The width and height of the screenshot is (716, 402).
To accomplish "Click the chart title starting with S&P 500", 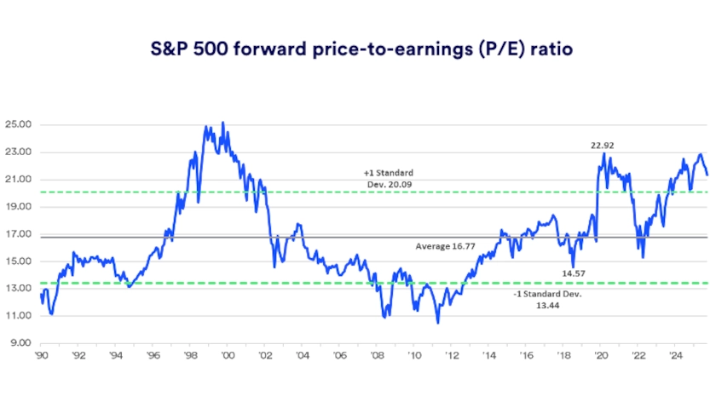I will tap(357, 49).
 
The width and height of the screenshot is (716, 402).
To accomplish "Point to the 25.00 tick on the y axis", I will tap(19, 124).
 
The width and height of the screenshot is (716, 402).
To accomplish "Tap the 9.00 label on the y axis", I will tap(21, 343).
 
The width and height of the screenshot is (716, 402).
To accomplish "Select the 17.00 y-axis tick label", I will tap(19, 234).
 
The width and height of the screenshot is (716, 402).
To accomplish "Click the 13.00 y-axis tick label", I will tap(19, 289).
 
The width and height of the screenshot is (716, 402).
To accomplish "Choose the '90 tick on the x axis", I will tap(41, 355).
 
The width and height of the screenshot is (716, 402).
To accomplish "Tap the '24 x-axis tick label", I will tap(675, 355).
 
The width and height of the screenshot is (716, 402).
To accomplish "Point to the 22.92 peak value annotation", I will tap(603, 146).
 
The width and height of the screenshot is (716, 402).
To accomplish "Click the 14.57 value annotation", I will tap(575, 273).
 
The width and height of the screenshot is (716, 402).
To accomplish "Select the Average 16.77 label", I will tap(443, 245).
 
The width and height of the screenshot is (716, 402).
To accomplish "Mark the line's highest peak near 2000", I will tap(223, 123).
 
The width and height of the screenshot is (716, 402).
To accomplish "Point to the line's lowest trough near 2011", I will tap(438, 323).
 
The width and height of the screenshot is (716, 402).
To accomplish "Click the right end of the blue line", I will tap(707, 175).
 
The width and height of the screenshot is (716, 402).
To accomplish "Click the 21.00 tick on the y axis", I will tap(19, 180).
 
